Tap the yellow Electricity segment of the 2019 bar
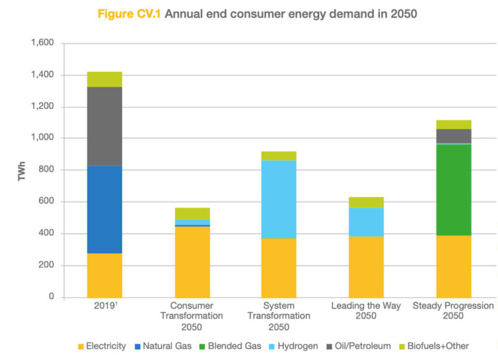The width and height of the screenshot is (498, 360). pyautogui.click(x=104, y=275)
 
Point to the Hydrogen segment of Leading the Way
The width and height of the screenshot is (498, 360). pyautogui.click(x=366, y=222)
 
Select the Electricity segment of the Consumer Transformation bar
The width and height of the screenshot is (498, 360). pyautogui.click(x=192, y=261)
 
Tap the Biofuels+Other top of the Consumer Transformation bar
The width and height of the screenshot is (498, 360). pyautogui.click(x=192, y=213)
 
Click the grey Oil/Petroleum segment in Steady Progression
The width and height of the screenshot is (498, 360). pyautogui.click(x=453, y=136)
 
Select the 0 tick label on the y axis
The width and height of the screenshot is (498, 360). pyautogui.click(x=53, y=297)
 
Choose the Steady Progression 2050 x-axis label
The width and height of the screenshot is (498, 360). pyautogui.click(x=453, y=311)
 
